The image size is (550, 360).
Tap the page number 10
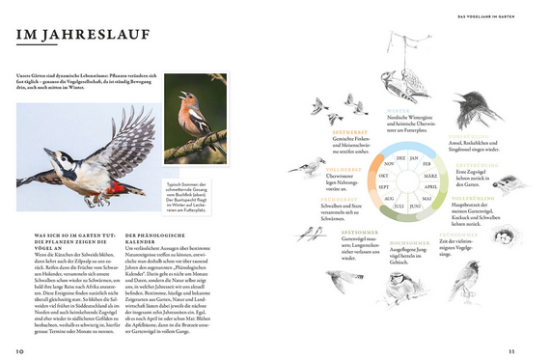point(19,350)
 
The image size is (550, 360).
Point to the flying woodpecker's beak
point(23,179)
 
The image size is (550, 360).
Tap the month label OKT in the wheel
point(383,176)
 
